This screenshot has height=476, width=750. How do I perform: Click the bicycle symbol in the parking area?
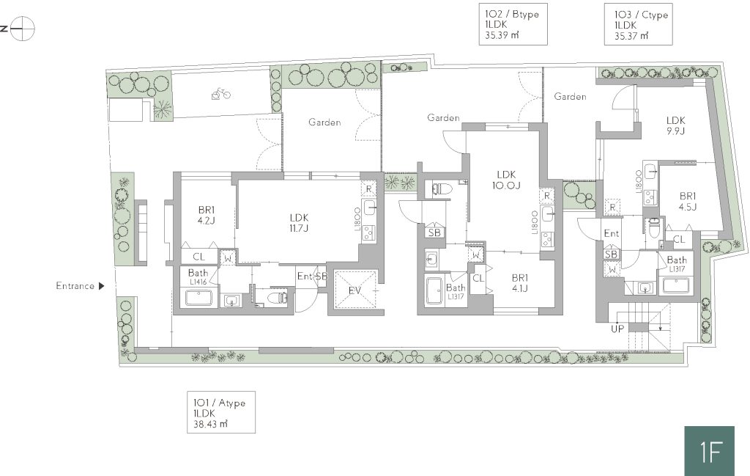point(220,93)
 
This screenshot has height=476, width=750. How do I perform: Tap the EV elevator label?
point(354,290)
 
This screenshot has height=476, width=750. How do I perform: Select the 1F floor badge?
point(709,450)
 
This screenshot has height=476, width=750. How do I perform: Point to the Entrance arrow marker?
point(101,286)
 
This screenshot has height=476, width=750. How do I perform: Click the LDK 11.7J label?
point(299,223)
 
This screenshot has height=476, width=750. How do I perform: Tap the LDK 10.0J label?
point(506,180)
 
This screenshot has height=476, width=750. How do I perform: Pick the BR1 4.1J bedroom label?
point(519,283)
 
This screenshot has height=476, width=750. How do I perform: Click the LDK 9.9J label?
point(676,125)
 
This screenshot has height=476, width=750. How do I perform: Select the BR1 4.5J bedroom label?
point(688,202)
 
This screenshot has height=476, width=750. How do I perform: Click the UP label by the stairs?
point(617,329)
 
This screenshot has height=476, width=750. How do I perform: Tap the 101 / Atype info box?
point(221,412)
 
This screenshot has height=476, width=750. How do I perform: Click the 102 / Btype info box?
point(513,24)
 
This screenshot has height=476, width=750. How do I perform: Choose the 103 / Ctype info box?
point(639,24)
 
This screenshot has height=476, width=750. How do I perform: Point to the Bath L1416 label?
point(198,277)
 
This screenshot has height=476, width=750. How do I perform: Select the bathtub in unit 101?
point(199,297)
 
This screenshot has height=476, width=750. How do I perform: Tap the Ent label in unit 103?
point(612,234)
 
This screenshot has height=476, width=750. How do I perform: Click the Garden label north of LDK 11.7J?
point(324,122)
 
